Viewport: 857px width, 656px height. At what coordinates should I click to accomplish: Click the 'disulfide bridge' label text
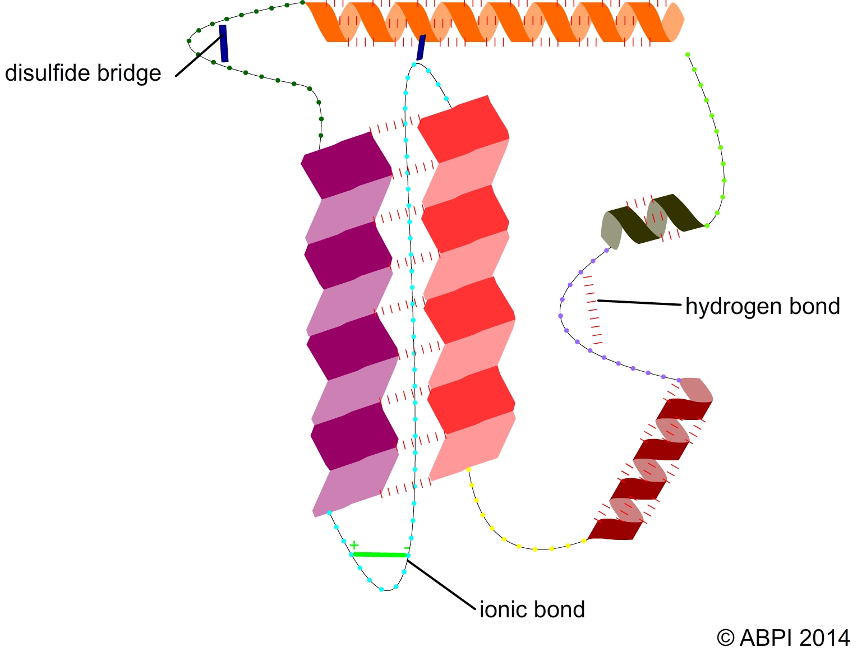83,73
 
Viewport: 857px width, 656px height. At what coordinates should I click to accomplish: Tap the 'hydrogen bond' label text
762,307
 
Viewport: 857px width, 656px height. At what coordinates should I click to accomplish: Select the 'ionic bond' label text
532,609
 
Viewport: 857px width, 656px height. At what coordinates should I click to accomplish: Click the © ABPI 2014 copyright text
783,638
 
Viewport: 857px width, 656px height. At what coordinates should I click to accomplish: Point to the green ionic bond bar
379,555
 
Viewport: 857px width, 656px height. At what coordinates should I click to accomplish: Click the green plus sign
354,546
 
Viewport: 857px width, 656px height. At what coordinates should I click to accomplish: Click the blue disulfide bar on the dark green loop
224,43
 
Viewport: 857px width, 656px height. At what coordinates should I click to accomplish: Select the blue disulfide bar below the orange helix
421,47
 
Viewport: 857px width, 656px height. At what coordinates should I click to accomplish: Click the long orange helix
494,22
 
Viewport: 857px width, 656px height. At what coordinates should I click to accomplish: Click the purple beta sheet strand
351,325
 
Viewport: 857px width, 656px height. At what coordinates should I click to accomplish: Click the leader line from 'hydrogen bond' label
639,303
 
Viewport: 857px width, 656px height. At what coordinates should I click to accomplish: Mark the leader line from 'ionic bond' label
443,583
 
